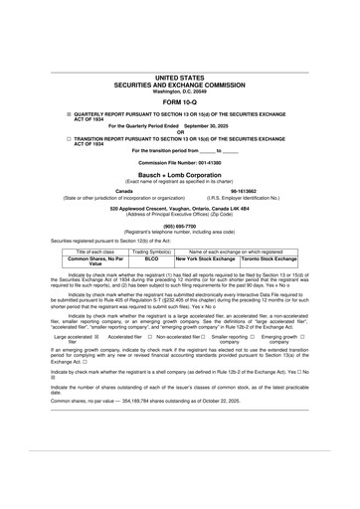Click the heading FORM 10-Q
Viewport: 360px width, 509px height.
click(x=180, y=101)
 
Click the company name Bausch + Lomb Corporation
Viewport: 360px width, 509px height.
click(x=180, y=172)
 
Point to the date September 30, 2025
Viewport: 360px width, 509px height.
click(x=209, y=126)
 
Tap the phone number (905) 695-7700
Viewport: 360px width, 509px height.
click(x=180, y=225)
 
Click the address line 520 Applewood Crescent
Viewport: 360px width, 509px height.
click(x=180, y=208)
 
